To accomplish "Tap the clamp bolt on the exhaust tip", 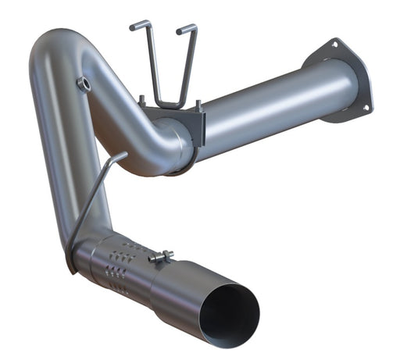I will point(162,256).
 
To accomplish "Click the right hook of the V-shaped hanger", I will point(186,30).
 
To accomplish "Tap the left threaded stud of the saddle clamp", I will point(142,100).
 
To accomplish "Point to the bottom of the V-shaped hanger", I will point(164,105).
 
